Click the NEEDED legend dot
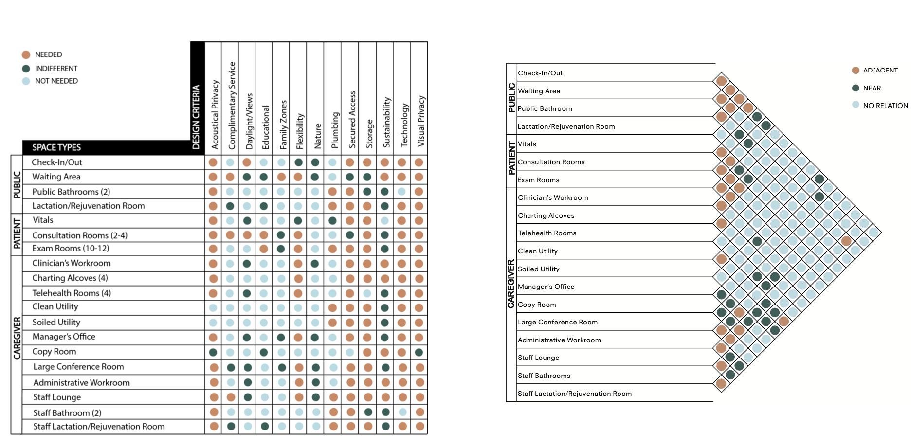click(x=26, y=55)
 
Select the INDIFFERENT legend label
click(x=56, y=69)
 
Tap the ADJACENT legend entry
click(x=880, y=71)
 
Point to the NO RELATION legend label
click(x=885, y=106)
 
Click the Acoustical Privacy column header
click(x=215, y=114)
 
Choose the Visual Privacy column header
click(x=421, y=121)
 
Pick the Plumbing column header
click(x=335, y=130)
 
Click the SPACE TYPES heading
click(x=56, y=147)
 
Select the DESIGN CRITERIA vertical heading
click(x=196, y=117)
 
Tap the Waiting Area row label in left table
click(x=56, y=177)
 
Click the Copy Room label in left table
click(x=54, y=352)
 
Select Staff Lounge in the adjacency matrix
click(x=538, y=358)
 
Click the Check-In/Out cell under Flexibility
click(x=298, y=162)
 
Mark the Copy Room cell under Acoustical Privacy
click(x=213, y=352)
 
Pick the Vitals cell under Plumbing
click(x=332, y=221)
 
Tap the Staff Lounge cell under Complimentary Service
click(x=231, y=397)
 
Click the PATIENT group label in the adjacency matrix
click(x=511, y=158)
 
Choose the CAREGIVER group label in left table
click(x=17, y=338)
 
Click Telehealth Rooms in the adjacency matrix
click(x=547, y=233)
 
